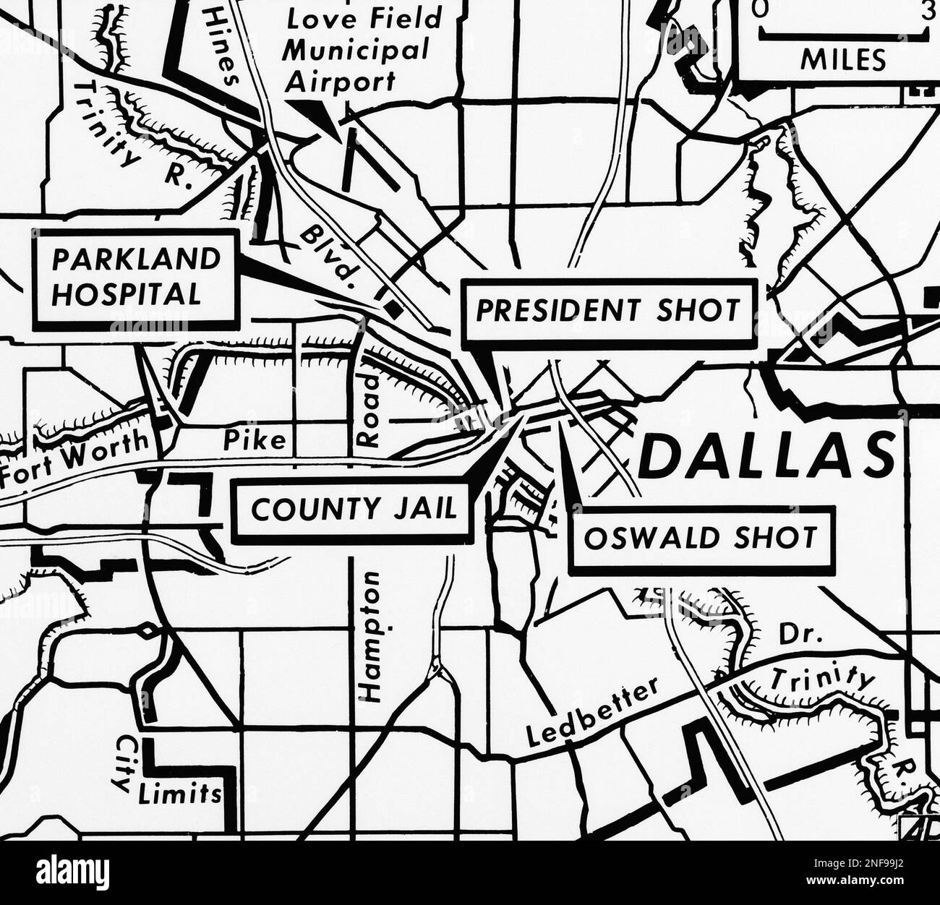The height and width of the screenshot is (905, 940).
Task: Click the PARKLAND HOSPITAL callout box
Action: [x=136, y=276]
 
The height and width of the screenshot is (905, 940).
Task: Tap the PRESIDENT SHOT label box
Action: [x=607, y=310]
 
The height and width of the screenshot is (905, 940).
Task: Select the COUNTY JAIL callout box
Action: [x=354, y=510]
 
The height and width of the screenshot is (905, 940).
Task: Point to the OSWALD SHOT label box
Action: [x=700, y=539]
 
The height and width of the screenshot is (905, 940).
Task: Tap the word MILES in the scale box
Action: [x=842, y=61]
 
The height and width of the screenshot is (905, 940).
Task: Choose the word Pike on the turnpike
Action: [x=254, y=439]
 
